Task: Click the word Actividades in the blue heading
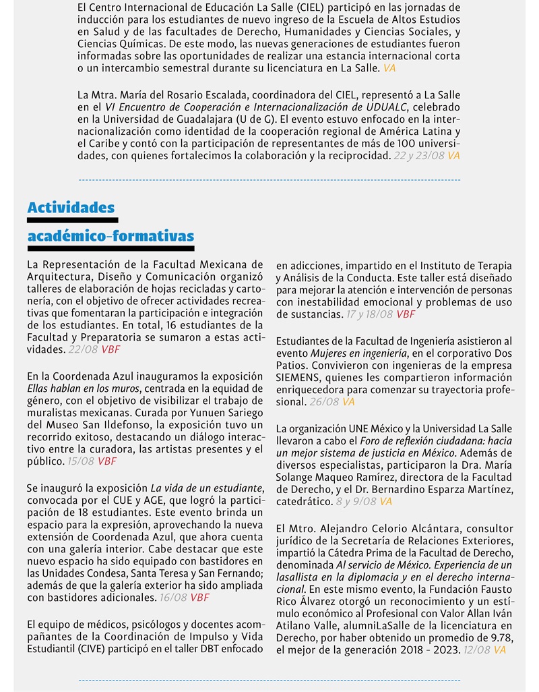pyautogui.click(x=71, y=207)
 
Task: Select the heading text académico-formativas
pyautogui.click(x=110, y=236)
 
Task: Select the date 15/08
pyautogui.click(x=81, y=461)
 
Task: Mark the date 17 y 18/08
pyautogui.click(x=370, y=314)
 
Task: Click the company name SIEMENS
pyautogui.click(x=297, y=377)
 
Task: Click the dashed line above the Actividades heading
pyautogui.click(x=269, y=180)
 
